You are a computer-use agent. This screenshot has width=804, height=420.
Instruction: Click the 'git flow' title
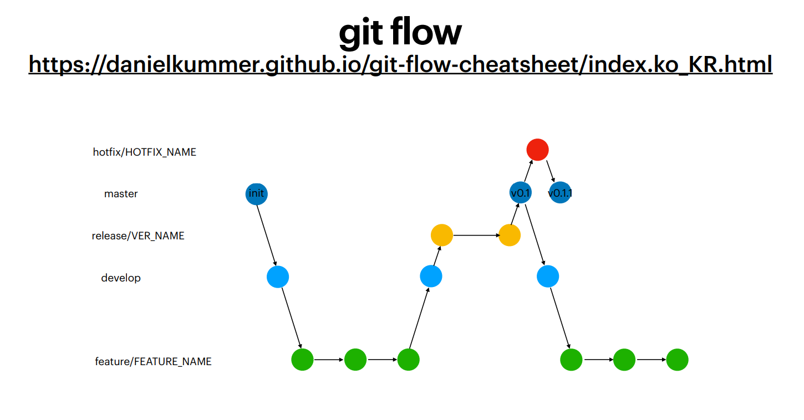tap(400, 33)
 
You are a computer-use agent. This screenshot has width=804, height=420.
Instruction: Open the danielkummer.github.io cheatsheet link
tap(400, 64)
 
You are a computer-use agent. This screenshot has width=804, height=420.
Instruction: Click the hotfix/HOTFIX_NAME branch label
tap(144, 152)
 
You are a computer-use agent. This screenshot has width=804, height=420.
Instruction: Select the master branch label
tap(121, 194)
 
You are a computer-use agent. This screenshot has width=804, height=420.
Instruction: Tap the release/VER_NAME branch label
tap(138, 236)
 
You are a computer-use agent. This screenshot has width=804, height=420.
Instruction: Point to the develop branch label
tap(121, 278)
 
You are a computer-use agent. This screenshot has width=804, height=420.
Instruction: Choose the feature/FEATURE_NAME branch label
tap(153, 362)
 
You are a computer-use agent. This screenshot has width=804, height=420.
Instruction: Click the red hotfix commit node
tap(537, 150)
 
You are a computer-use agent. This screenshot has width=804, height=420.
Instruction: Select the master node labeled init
tap(256, 194)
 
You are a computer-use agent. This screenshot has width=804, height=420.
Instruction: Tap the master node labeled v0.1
tap(521, 193)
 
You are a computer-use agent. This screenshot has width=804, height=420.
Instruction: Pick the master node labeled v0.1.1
tap(560, 193)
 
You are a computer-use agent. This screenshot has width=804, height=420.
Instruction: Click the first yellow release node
tap(442, 235)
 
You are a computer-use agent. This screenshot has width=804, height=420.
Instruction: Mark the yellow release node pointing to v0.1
tap(510, 235)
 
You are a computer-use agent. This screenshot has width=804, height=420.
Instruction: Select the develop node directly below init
tap(278, 276)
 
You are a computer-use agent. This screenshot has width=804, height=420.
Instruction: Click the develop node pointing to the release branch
tap(431, 276)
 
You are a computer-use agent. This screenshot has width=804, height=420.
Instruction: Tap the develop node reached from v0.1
tap(548, 276)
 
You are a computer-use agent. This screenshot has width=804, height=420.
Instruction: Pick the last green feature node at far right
tap(677, 360)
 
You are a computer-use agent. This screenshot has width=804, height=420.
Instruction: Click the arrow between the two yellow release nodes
tap(476, 235)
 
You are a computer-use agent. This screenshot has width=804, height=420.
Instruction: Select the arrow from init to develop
tap(267, 235)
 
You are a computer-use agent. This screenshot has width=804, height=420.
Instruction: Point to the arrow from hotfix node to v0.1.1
tap(550, 171)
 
